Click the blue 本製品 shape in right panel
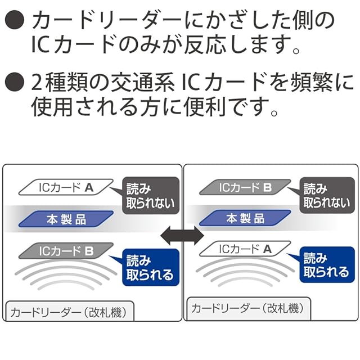(x=245, y=218)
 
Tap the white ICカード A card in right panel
(x=246, y=247)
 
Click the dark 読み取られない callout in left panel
(x=151, y=196)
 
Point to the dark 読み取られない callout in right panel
(x=330, y=195)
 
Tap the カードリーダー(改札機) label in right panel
(x=247, y=308)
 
